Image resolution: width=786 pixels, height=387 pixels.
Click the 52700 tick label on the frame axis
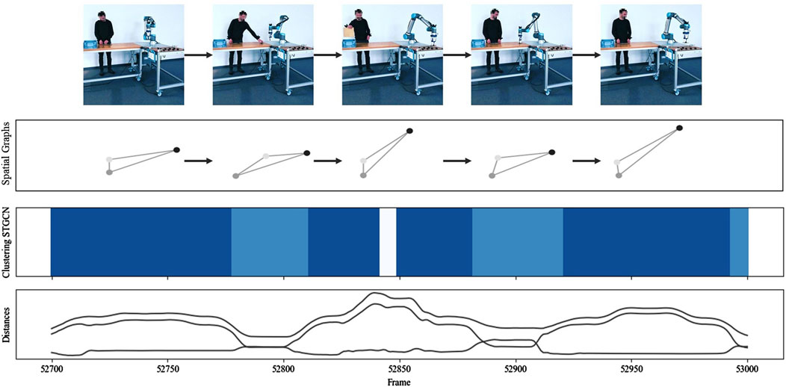52,369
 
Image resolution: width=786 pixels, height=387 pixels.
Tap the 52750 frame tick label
167,369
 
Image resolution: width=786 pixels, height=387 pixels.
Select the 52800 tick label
284,369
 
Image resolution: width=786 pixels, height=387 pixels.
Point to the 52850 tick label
400,369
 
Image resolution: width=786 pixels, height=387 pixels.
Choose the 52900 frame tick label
516,369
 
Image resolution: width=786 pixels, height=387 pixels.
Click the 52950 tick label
631,369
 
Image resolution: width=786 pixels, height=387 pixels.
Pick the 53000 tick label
747,369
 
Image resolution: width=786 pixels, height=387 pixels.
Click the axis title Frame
400,381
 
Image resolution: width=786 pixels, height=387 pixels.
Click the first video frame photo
133,54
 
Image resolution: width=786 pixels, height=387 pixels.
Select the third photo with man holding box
392,54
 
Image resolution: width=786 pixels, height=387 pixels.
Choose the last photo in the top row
651,54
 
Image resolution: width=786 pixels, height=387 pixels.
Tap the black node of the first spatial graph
176,149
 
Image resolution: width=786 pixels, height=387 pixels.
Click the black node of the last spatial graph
679,128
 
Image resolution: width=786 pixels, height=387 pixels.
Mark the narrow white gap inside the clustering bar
388,243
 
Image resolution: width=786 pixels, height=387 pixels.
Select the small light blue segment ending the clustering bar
739,243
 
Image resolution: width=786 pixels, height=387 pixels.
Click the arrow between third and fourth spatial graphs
458,160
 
